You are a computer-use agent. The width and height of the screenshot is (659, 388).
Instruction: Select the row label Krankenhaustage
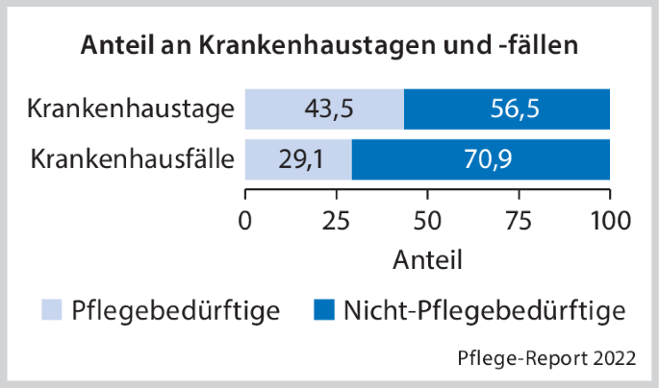click(x=131, y=109)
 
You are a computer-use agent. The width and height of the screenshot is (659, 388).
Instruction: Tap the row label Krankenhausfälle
click(x=131, y=158)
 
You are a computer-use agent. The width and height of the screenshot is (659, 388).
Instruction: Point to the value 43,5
click(x=325, y=109)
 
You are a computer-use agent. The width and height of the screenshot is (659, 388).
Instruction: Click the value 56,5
click(x=507, y=109)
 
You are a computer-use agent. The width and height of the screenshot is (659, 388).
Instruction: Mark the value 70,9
click(x=481, y=158)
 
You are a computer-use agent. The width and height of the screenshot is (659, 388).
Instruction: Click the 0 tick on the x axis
click(x=245, y=219)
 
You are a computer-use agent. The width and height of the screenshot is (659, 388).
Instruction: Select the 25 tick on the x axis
click(x=337, y=219)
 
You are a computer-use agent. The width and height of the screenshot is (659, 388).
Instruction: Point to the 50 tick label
click(x=427, y=219)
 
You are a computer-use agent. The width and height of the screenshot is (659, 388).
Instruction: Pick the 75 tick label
click(x=519, y=219)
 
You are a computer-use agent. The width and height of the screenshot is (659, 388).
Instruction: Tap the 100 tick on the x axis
click(x=609, y=219)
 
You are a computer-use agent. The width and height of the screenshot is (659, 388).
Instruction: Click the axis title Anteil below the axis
click(x=428, y=259)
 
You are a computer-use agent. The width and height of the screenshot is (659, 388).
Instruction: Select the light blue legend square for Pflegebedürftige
click(x=51, y=309)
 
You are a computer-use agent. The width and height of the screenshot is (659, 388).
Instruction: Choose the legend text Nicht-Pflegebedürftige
click(x=484, y=310)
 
